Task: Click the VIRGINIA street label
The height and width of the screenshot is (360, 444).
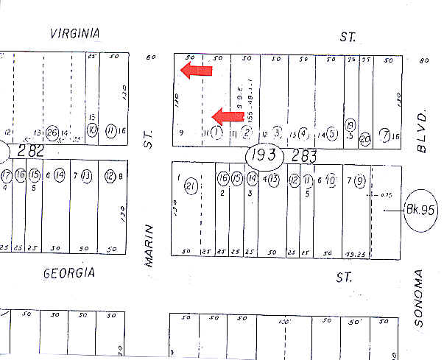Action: tap(74, 33)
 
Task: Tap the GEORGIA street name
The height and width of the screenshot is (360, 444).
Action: tap(69, 274)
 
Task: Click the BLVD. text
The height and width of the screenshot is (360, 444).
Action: tap(422, 132)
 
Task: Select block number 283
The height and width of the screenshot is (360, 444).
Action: tap(303, 155)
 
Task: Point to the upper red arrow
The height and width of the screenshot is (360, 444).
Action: tap(197, 71)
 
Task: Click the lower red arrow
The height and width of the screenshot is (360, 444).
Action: tap(228, 116)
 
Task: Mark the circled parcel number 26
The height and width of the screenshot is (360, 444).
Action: tap(52, 133)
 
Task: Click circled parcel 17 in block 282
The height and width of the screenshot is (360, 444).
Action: tap(7, 176)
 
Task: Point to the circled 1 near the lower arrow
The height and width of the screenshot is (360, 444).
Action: tap(216, 133)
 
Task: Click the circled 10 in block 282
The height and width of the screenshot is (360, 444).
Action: tap(92, 130)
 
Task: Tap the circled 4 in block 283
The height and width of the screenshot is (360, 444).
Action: tap(303, 133)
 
